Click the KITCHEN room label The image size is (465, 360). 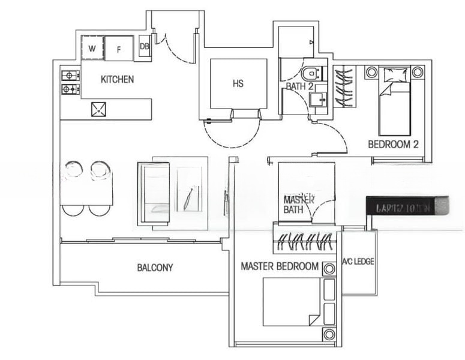[x=117, y=79]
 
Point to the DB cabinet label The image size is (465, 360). [x=145, y=46]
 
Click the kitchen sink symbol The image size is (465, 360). [x=98, y=109]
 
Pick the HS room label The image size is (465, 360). [x=238, y=83]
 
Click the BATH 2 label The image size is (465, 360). [x=299, y=86]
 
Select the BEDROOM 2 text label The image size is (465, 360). [x=392, y=144]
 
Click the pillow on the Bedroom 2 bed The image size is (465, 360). [x=395, y=76]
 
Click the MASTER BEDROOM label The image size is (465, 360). [x=280, y=266]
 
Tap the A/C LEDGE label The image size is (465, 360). [x=359, y=262]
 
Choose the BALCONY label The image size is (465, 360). [x=155, y=268]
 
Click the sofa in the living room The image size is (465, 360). [x=154, y=193]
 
